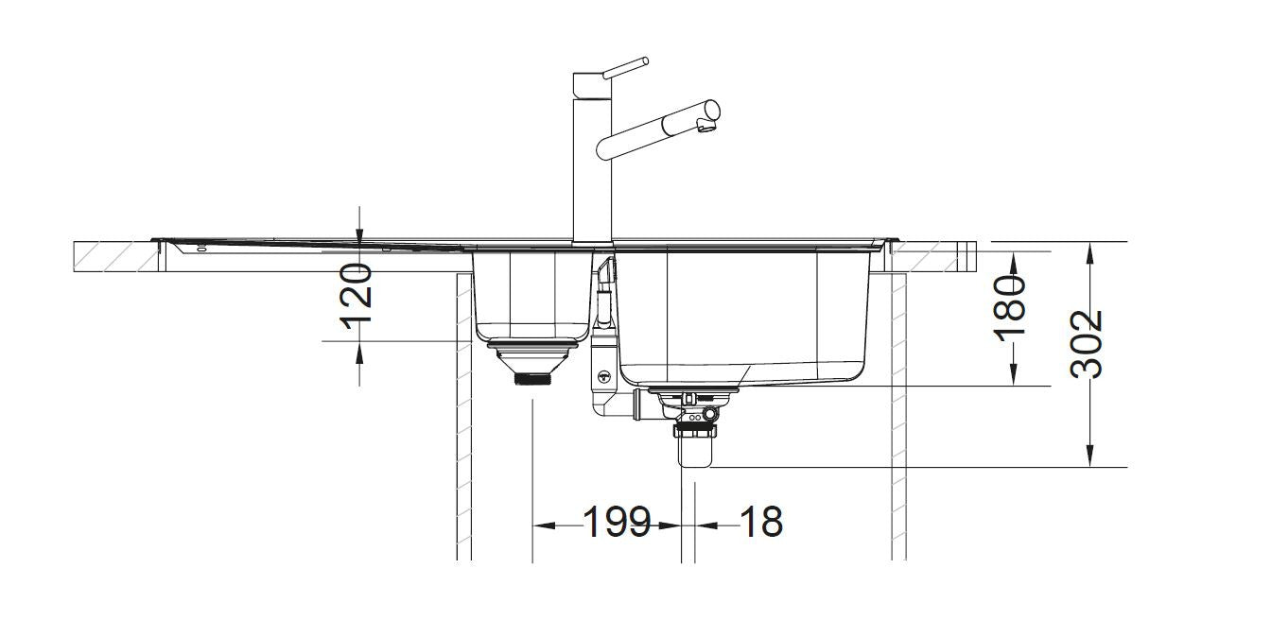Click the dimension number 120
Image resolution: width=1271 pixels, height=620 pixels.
tap(357, 295)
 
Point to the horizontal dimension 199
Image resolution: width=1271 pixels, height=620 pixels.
tap(617, 523)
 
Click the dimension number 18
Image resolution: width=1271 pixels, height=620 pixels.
tap(759, 523)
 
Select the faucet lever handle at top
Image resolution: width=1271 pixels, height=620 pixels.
tap(624, 67)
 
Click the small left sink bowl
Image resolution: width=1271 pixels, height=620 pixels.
tap(530, 293)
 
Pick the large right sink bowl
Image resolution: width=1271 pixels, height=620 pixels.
tap(742, 312)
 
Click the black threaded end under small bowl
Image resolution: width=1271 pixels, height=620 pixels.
tap(533, 380)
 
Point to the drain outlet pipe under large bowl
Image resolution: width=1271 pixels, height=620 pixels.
tap(695, 452)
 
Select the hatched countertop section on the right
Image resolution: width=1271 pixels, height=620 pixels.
tap(931, 256)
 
